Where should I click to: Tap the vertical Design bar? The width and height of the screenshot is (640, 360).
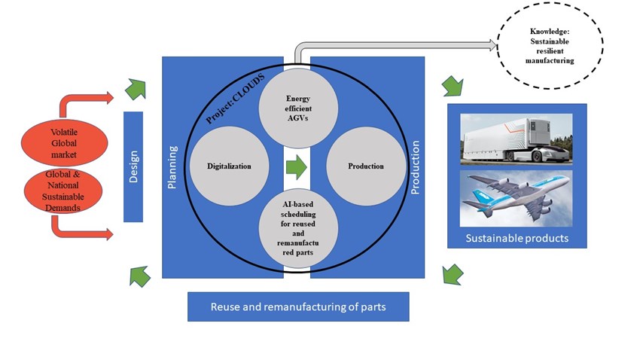pyautogui.click(x=133, y=166)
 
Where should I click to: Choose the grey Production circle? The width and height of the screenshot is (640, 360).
pyautogui.click(x=366, y=166)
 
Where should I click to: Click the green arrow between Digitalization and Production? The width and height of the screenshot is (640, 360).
pyautogui.click(x=297, y=167)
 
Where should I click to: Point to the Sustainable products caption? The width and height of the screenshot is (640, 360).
pyautogui.click(x=516, y=239)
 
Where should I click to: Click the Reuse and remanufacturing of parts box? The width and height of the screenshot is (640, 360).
pyautogui.click(x=298, y=307)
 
